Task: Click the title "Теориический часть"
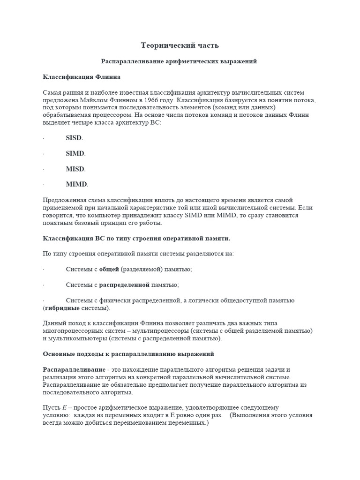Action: (x=180, y=45)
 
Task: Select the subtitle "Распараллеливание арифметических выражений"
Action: (x=180, y=61)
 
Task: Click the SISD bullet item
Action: (x=74, y=138)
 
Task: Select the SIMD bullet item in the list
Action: (x=75, y=153)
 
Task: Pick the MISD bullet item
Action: (x=75, y=169)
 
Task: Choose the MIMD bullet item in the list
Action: (x=77, y=184)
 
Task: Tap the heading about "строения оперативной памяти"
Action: (x=136, y=238)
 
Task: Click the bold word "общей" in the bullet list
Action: (x=109, y=269)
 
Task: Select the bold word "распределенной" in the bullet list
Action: (x=124, y=285)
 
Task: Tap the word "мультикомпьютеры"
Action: (x=77, y=338)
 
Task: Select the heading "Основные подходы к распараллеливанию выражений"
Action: (x=128, y=353)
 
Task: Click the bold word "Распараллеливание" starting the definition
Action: (x=74, y=369)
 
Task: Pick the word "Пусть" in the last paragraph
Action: (x=51, y=408)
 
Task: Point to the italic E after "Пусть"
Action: (x=64, y=408)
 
